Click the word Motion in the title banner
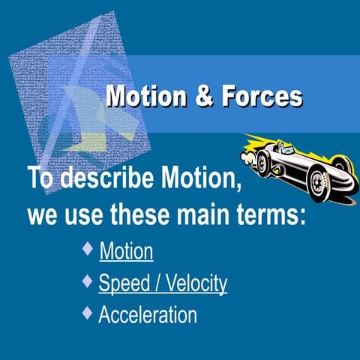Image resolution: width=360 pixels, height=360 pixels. coord(142,97)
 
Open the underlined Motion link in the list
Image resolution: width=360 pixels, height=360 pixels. coord(126,250)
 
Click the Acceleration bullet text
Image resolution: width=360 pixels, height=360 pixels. coord(148,314)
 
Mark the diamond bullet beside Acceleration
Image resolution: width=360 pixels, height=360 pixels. coord(88,311)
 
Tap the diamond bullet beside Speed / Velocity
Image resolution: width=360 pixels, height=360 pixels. coord(88,280)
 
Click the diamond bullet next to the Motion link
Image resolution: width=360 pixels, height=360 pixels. coord(88,247)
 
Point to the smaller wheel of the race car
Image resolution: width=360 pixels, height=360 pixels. coord(265,165)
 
